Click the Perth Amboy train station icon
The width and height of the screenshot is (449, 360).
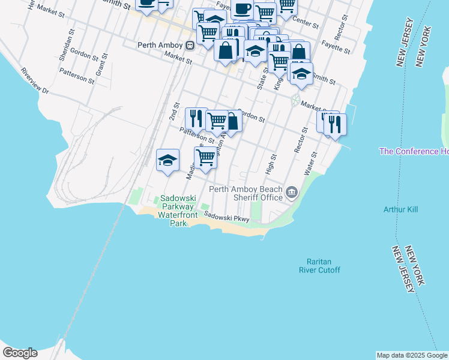[x=190, y=45]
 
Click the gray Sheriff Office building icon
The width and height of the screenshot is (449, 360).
[x=292, y=192]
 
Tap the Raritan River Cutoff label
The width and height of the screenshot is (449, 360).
[x=319, y=266]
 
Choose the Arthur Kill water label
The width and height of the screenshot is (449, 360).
[x=400, y=209]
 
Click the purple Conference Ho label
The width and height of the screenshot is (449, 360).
[x=414, y=151]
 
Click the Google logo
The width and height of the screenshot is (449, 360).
[x=20, y=353]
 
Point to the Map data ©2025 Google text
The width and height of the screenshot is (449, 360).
[x=412, y=355]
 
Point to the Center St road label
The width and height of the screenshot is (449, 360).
[x=306, y=23]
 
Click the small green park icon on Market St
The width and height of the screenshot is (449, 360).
[x=295, y=100]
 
